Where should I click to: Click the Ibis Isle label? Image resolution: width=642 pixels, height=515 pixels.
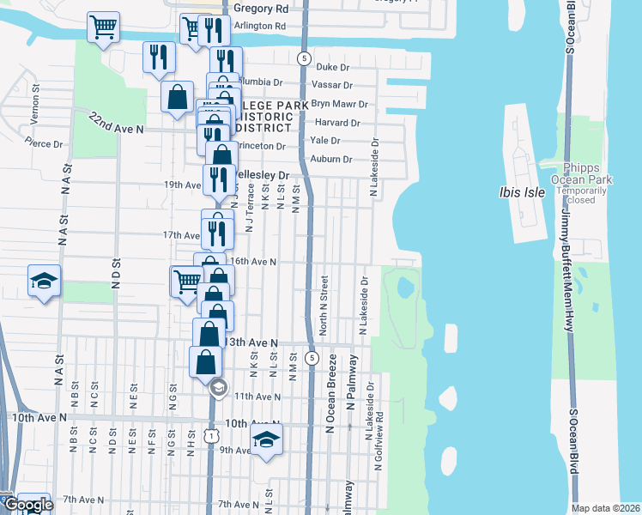(x=522, y=192)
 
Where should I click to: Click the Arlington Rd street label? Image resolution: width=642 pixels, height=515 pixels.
(x=260, y=27)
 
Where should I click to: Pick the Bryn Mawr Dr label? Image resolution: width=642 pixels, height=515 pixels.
(x=339, y=104)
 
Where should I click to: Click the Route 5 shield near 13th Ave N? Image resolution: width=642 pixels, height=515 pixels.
(x=312, y=357)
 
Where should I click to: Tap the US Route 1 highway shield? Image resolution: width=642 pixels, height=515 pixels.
(x=211, y=436)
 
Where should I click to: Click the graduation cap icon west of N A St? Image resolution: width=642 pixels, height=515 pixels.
(x=42, y=281)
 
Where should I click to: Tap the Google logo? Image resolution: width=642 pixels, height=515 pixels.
(x=28, y=505)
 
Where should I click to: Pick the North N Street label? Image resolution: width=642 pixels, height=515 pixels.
(x=324, y=306)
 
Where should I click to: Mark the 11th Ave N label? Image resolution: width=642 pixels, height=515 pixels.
(x=258, y=397)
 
